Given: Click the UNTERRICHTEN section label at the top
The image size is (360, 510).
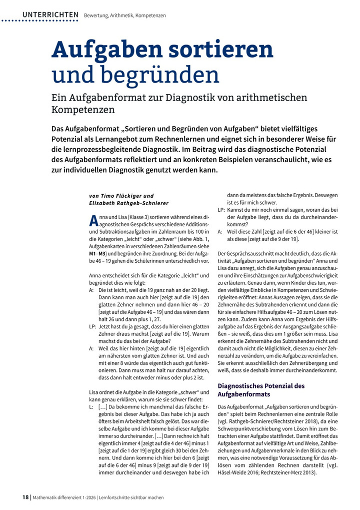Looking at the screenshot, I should pyautogui.click(x=50, y=15).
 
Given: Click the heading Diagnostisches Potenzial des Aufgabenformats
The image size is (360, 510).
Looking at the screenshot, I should pyautogui.click(x=268, y=390).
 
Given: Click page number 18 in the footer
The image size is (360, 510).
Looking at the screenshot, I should pyautogui.click(x=25, y=497).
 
